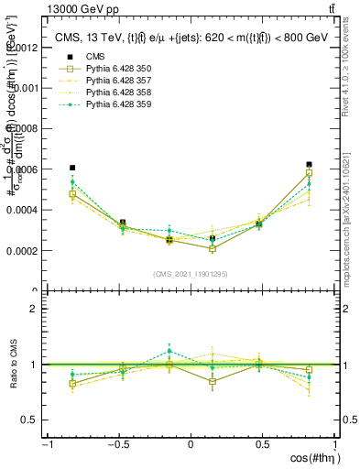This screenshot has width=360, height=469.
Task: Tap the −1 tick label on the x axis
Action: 47,445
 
